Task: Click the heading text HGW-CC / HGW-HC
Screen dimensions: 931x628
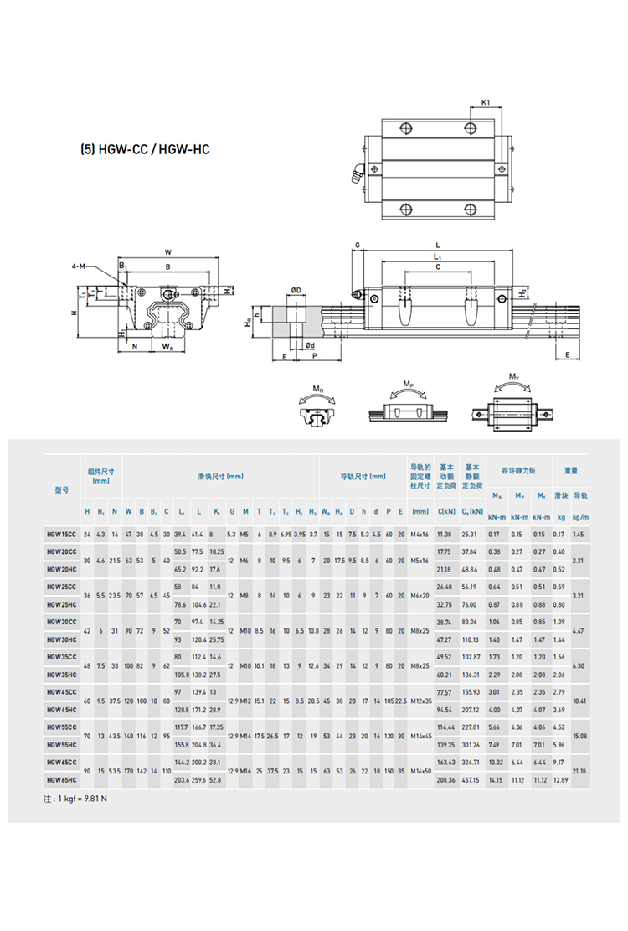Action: [144, 151]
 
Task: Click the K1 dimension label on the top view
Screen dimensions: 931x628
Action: [486, 103]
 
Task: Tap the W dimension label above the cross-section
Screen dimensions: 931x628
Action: [167, 251]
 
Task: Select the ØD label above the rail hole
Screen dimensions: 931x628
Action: [296, 290]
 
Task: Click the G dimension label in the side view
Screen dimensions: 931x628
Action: [357, 245]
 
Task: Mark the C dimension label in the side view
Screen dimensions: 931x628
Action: [437, 267]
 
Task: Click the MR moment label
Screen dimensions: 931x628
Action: [318, 388]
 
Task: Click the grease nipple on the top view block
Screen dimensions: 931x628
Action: [357, 176]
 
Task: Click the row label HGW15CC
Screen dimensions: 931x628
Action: [60, 534]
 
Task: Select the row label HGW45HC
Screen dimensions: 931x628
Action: [60, 709]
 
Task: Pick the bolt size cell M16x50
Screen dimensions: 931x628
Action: [420, 771]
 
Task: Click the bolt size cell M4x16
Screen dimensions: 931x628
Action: [420, 534]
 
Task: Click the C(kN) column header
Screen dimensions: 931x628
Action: [446, 511]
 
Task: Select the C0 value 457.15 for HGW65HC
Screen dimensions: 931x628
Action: [471, 779]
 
